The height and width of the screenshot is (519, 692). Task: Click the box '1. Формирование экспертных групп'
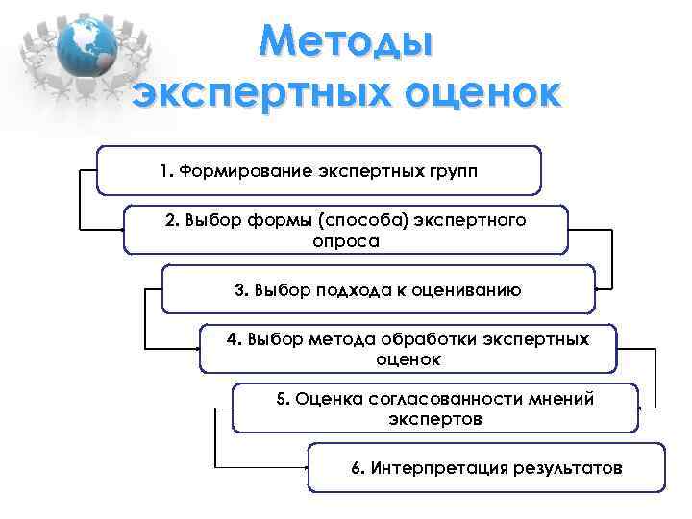pos(319,170)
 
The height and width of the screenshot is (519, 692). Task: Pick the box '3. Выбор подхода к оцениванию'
pos(378,289)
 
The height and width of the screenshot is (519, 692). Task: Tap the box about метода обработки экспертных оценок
pos(408,349)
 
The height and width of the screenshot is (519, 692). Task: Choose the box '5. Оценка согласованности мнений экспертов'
pos(435,408)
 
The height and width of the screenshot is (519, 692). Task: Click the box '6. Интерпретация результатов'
pos(486,468)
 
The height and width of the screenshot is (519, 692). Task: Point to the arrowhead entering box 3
pos(600,288)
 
